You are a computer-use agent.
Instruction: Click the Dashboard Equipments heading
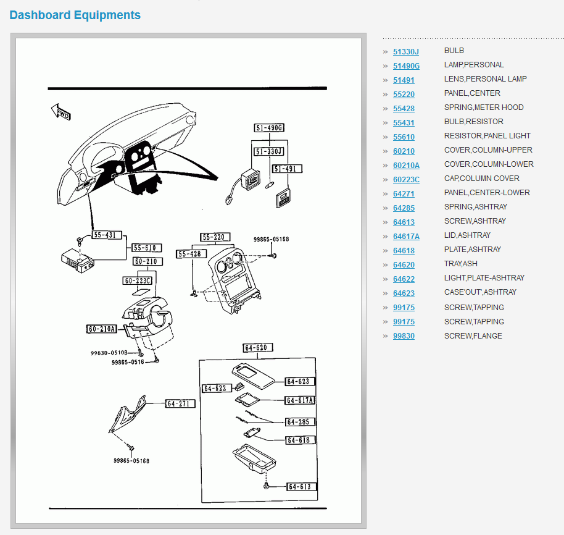pos(75,15)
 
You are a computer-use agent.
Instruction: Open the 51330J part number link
pos(405,52)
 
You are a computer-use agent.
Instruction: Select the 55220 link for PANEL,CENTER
pos(404,95)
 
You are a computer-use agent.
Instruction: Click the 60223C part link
pos(406,180)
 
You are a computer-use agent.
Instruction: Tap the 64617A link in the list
pos(406,237)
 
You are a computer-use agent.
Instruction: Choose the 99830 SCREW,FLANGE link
pos(404,336)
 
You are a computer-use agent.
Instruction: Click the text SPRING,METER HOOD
pos(484,107)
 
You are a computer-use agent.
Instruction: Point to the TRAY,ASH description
pos(460,264)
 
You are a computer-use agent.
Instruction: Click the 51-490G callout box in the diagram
pos(269,128)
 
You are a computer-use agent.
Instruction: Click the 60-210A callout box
pos(102,329)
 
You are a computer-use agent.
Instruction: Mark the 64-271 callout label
pos(180,404)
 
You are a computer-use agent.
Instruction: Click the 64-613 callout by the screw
pos(301,487)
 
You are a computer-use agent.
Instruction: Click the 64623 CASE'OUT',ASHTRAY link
pos(404,293)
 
